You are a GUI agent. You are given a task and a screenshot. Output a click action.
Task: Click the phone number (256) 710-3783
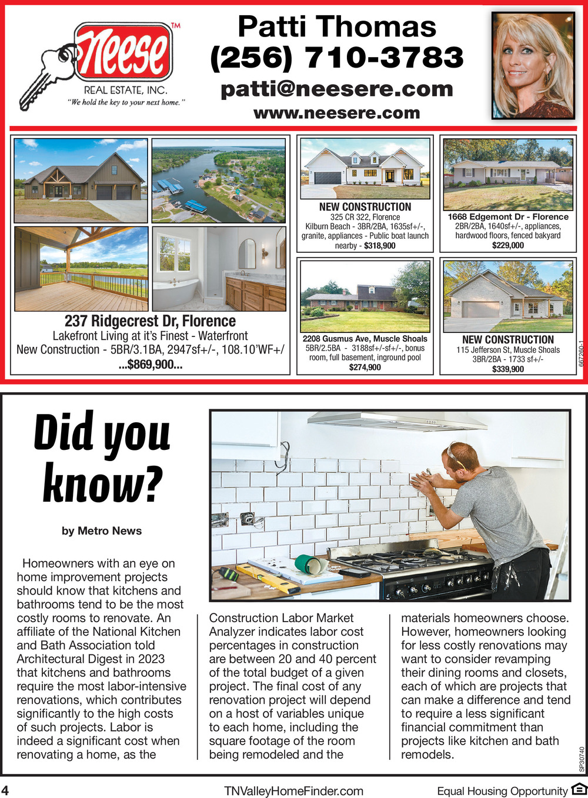337,58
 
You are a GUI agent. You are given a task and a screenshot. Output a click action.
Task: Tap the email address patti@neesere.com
337,89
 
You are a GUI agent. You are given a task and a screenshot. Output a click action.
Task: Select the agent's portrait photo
533,65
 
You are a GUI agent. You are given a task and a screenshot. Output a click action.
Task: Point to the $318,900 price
380,246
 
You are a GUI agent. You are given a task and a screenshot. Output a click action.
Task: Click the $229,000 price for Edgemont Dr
508,245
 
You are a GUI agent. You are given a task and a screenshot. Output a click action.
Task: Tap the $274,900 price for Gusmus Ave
365,367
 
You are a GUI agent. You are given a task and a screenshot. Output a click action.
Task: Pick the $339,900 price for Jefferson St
508,369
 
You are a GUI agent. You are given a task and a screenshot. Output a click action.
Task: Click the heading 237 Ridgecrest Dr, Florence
150,321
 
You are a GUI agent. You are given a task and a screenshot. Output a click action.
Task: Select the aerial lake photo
219,180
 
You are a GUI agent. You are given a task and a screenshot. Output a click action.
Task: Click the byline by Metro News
102,531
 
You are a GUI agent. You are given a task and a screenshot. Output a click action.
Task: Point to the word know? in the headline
102,483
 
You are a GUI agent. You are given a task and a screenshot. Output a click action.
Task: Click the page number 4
5,790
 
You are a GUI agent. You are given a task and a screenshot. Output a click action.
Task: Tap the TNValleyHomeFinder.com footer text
293,791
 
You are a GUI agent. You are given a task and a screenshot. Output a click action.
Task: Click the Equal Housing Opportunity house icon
579,790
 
